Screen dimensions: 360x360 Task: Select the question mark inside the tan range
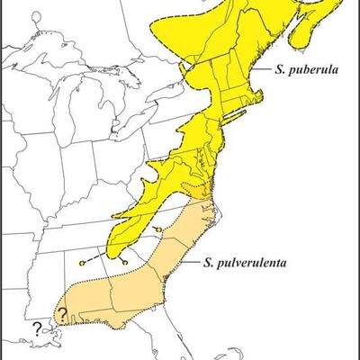click(62, 314)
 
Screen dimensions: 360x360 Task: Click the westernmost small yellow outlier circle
click(82, 263)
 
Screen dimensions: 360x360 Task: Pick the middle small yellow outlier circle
click(125, 262)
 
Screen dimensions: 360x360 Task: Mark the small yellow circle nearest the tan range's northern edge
click(158, 230)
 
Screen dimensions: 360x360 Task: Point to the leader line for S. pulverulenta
click(185, 262)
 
